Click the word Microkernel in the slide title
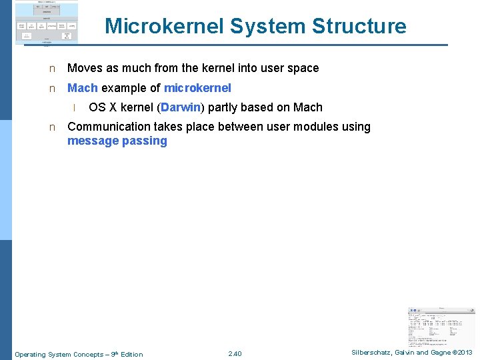point(165,26)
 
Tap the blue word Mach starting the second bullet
point(83,88)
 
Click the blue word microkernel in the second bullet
point(197,88)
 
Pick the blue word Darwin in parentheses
point(180,107)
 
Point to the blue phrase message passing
point(117,141)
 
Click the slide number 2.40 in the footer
point(235,354)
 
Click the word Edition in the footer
point(132,354)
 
